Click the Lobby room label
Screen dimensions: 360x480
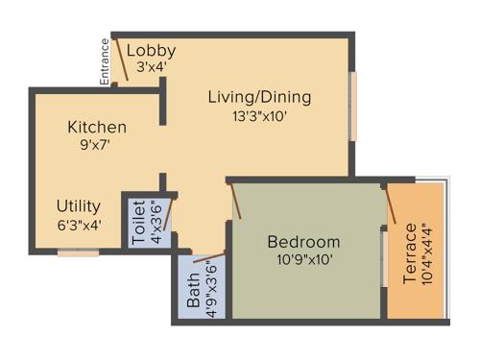pyautogui.click(x=151, y=51)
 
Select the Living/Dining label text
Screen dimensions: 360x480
pyautogui.click(x=259, y=97)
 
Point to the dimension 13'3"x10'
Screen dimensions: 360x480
pyautogui.click(x=259, y=116)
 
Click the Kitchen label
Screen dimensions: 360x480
pyautogui.click(x=96, y=127)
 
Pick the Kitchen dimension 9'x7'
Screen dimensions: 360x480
pyautogui.click(x=96, y=146)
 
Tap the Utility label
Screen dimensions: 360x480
pyautogui.click(x=79, y=205)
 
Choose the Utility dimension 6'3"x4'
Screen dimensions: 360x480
pyautogui.click(x=79, y=225)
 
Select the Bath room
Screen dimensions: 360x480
pyautogui.click(x=202, y=287)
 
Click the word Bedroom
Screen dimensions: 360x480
pyautogui.click(x=303, y=241)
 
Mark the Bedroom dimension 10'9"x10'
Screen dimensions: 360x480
pyautogui.click(x=303, y=259)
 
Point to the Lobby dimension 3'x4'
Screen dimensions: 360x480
pyautogui.click(x=151, y=68)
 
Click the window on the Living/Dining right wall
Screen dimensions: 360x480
pyautogui.click(x=352, y=105)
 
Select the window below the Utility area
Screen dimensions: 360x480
pyautogui.click(x=78, y=252)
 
